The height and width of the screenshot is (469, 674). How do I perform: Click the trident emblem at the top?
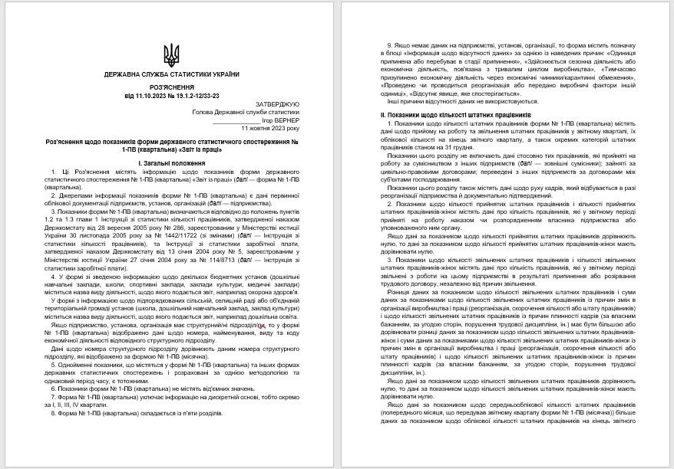172,54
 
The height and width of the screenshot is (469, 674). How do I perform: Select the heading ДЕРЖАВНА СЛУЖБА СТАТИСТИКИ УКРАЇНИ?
172,74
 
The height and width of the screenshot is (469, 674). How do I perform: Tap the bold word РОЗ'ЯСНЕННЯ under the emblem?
172,87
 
